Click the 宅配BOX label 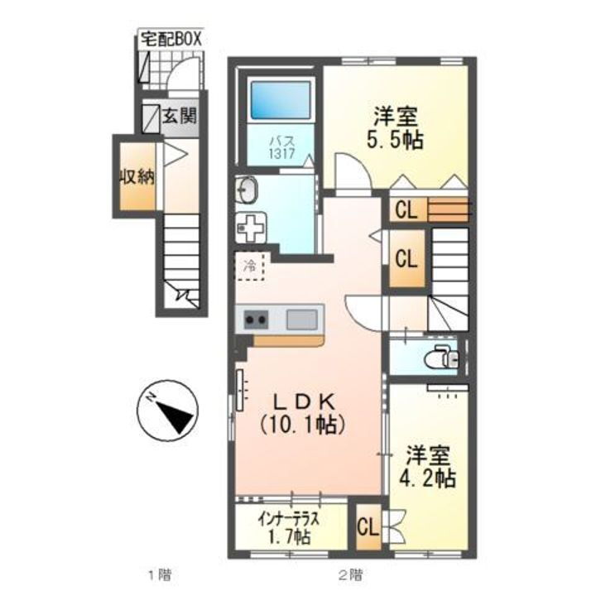[x=171, y=40]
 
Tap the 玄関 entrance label [x=180, y=116]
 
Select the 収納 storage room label [x=137, y=177]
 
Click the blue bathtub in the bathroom [x=281, y=100]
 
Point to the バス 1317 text [x=282, y=147]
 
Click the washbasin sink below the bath [x=247, y=190]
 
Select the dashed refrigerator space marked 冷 [x=251, y=266]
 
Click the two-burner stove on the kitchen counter [x=256, y=320]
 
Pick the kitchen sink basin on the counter [x=302, y=320]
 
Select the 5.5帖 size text [x=396, y=141]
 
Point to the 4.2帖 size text [x=427, y=478]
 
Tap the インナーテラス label [x=288, y=518]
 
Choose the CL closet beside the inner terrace [x=368, y=527]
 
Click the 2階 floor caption [x=350, y=574]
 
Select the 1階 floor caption [x=159, y=574]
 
